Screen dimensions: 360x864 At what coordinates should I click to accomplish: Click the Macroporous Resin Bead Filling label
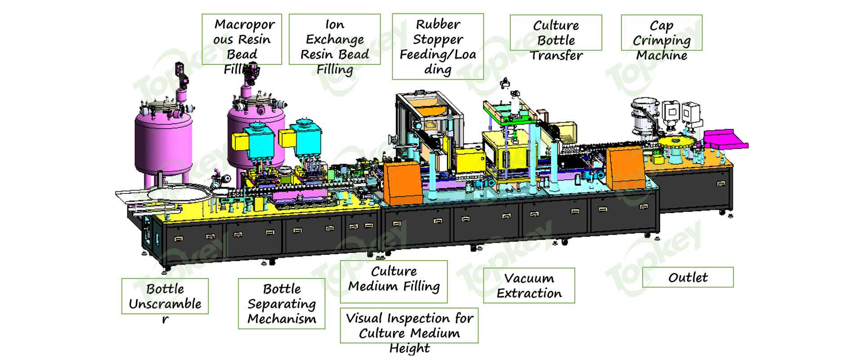[242, 40]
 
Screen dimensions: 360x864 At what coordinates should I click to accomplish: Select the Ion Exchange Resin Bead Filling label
[334, 40]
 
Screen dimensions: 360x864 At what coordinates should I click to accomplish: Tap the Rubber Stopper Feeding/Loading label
[438, 46]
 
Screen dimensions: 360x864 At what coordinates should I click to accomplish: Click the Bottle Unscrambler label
[165, 296]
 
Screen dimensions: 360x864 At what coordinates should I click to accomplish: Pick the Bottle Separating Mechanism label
[281, 303]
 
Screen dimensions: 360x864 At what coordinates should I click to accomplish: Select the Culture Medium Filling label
[394, 281]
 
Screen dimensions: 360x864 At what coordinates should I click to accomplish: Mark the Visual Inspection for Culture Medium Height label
[409, 325]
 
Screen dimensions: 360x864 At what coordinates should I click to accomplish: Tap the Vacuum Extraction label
[529, 285]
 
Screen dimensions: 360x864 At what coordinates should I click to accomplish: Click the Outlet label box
[688, 277]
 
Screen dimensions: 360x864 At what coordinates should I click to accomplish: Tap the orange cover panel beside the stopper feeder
[403, 182]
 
